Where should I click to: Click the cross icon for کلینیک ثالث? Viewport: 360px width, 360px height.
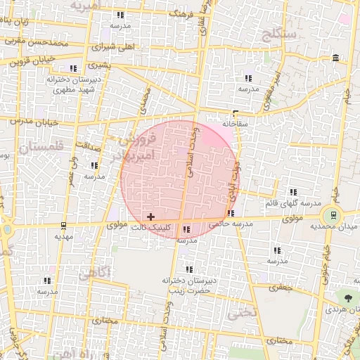click(151, 216)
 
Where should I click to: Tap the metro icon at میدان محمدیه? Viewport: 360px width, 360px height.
click(332, 214)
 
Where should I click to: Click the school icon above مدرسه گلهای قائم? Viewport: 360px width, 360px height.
click(292, 191)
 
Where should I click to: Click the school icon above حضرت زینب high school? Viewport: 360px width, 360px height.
click(188, 269)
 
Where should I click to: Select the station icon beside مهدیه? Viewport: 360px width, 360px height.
click(64, 226)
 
